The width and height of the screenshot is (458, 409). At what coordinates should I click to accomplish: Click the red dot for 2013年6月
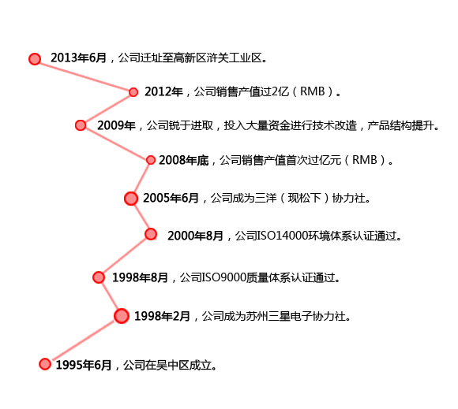tap(35, 59)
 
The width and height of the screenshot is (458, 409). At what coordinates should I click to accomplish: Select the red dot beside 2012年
tap(133, 92)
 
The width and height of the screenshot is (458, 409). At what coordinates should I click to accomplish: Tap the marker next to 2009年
tap(81, 125)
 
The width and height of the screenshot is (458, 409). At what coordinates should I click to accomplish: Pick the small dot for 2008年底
tap(150, 160)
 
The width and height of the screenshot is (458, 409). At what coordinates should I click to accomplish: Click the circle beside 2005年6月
tap(131, 199)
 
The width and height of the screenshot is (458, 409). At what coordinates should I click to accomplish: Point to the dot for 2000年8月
tap(151, 234)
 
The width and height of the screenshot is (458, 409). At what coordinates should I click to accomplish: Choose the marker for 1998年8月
tap(99, 277)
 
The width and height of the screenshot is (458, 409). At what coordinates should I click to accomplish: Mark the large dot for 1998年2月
tap(122, 316)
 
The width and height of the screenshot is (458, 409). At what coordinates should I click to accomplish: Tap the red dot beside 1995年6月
tap(45, 364)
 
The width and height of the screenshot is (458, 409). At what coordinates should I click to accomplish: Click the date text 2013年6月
tap(79, 58)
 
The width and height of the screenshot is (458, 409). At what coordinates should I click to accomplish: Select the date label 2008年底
tap(184, 160)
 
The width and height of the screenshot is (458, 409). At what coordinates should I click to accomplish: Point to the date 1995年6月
tap(84, 365)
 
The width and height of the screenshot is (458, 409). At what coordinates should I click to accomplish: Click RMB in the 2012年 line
tap(313, 91)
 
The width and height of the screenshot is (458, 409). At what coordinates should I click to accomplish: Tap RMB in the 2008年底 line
tap(365, 160)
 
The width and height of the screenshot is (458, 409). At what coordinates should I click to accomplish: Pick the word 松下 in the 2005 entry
tap(310, 199)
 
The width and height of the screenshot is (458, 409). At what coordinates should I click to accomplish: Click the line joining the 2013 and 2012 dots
tap(84, 76)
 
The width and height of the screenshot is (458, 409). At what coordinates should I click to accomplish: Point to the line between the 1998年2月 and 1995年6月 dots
tap(83, 340)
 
